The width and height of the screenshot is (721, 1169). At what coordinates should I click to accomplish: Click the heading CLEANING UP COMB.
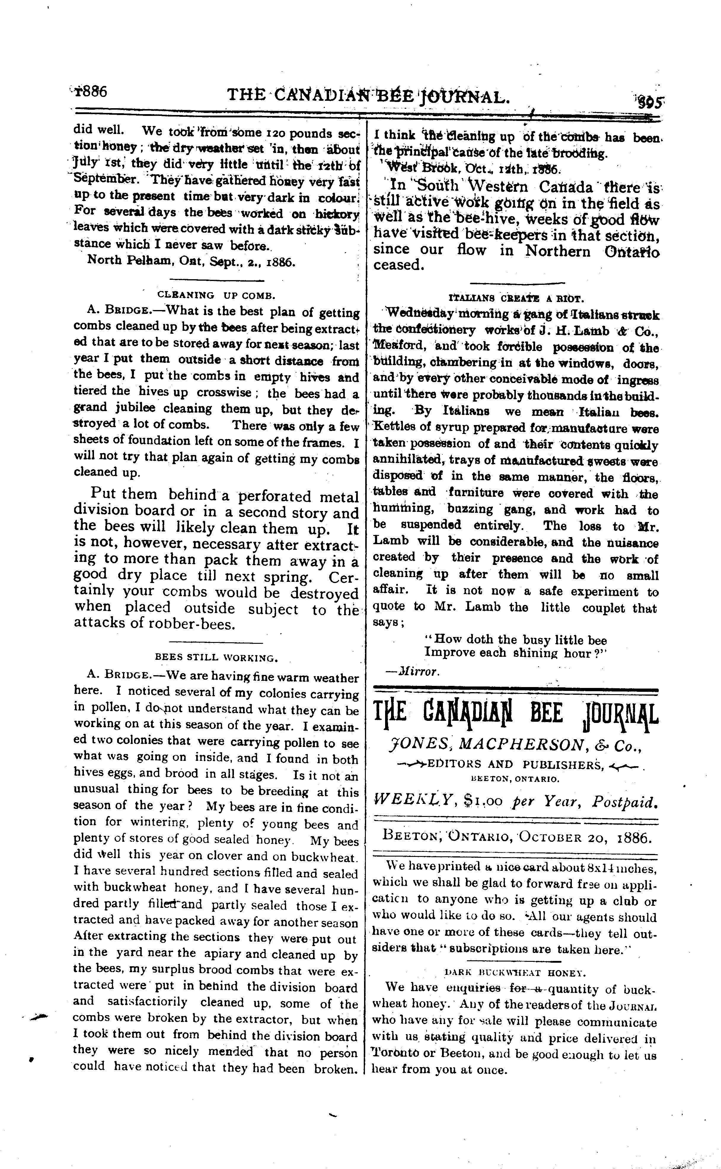(x=216, y=295)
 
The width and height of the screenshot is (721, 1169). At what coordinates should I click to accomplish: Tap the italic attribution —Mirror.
(x=412, y=671)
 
